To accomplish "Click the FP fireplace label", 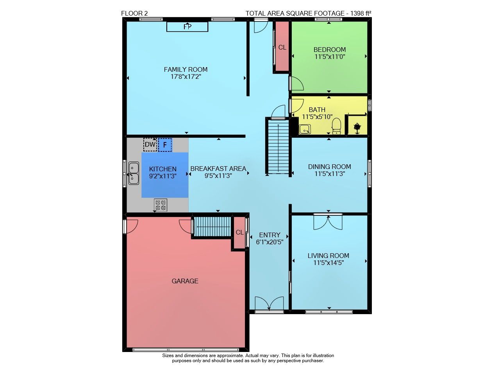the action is (187, 27).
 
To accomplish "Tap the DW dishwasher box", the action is (150, 144).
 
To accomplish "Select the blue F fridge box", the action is (165, 145).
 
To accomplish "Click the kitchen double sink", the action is (134, 173).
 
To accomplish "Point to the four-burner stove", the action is (161, 205).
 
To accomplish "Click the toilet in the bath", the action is (336, 126).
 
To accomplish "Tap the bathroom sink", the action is (305, 129).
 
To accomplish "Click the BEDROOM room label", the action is (330, 50).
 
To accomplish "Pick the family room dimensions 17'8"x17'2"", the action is (186, 77).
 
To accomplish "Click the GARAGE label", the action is (185, 281).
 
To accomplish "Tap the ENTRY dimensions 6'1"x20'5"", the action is (270, 242).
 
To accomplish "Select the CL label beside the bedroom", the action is (282, 47).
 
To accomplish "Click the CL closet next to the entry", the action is (239, 233).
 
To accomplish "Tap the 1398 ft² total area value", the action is (361, 13).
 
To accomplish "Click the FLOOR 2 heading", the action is (134, 13).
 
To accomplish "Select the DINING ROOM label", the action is (329, 167).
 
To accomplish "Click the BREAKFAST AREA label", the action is (218, 169).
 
